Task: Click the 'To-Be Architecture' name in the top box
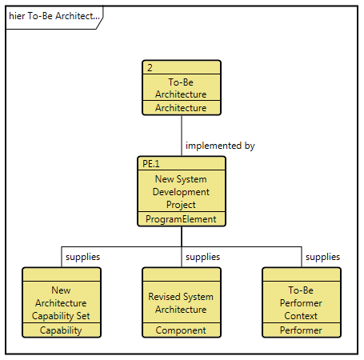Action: point(181,88)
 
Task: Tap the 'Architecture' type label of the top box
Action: point(181,108)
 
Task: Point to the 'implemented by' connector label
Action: point(220,146)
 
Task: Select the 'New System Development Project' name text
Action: point(181,192)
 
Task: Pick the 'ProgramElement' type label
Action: point(181,219)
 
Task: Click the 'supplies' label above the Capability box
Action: point(82,257)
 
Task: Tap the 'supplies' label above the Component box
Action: point(202,257)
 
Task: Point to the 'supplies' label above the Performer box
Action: point(322,257)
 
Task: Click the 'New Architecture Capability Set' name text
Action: point(61,303)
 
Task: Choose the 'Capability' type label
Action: point(61,330)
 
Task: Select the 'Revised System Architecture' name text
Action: point(181,303)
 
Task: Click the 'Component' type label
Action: point(181,330)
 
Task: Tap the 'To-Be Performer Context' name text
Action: point(301,303)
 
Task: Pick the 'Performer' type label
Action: point(301,330)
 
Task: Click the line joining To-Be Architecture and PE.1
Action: point(182,136)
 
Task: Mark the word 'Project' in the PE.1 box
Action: point(181,205)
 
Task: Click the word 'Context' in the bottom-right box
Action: point(301,316)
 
